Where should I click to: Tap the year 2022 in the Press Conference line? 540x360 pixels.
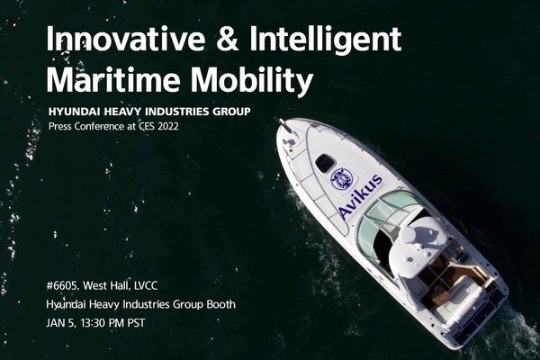[x=163, y=126]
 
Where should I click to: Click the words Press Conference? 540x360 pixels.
[x=88, y=126]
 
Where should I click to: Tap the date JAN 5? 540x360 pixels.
[x=60, y=323]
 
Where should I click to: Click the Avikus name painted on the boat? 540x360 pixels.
[x=360, y=196]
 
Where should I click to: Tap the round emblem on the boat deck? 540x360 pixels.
[x=341, y=178]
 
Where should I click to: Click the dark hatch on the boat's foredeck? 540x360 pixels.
[x=326, y=163]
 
